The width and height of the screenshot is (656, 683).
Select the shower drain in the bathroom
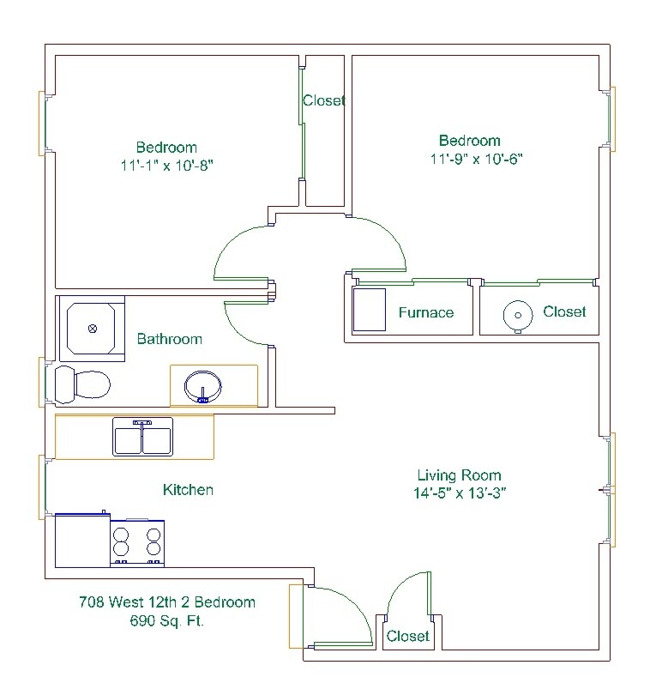point(94,328)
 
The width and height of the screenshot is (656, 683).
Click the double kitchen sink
point(143,437)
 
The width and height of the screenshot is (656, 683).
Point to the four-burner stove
point(137,542)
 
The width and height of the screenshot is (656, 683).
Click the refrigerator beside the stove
point(82,541)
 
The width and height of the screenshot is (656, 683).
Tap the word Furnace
point(425,312)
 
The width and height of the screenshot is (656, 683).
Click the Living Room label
point(459,475)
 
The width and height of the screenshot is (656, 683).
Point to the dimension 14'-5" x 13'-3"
point(459,493)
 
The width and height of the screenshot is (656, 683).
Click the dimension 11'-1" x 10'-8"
point(166,165)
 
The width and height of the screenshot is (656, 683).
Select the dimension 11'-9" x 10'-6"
point(477,159)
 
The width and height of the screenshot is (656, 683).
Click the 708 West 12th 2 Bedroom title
point(166,602)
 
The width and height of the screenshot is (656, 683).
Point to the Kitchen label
point(188,490)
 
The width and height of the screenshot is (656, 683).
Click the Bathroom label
point(170,339)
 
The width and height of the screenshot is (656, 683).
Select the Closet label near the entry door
point(407,636)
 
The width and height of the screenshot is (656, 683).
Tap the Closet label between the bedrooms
point(324,100)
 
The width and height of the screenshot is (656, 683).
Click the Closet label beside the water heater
point(564,311)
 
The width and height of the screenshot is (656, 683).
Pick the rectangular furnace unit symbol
point(370,309)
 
